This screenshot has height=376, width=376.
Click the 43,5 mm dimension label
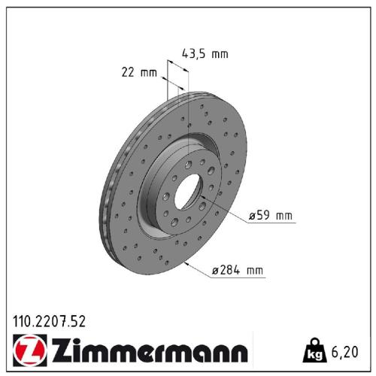(205, 53)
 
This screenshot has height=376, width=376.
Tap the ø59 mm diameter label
(270, 217)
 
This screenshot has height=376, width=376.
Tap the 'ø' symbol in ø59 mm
(252, 217)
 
